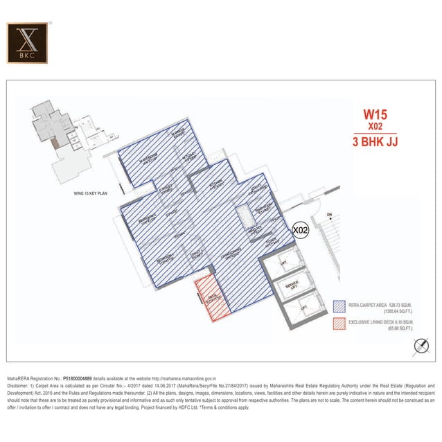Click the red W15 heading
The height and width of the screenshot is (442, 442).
click(376, 114)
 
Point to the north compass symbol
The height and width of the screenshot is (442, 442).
click(419, 344)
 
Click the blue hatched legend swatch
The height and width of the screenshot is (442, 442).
click(339, 306)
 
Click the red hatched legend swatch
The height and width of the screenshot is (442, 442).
click(339, 323)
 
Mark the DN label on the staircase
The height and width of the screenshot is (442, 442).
click(330, 215)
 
